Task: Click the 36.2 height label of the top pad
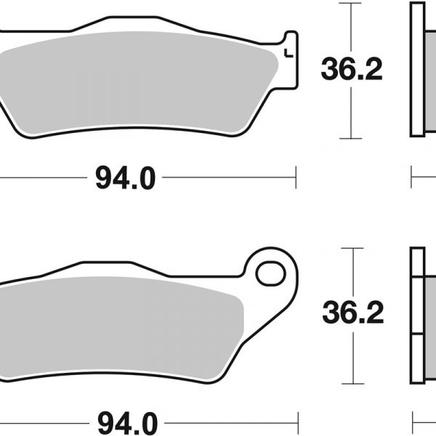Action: (x=352, y=69)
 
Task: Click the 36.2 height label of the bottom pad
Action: (x=353, y=312)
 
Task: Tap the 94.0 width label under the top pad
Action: (x=125, y=178)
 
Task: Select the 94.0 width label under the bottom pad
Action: (x=128, y=424)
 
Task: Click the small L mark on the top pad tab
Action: (x=288, y=53)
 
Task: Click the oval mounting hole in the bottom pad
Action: (x=271, y=273)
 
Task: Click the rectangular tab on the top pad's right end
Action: (x=291, y=60)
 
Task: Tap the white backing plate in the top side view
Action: (x=418, y=70)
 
